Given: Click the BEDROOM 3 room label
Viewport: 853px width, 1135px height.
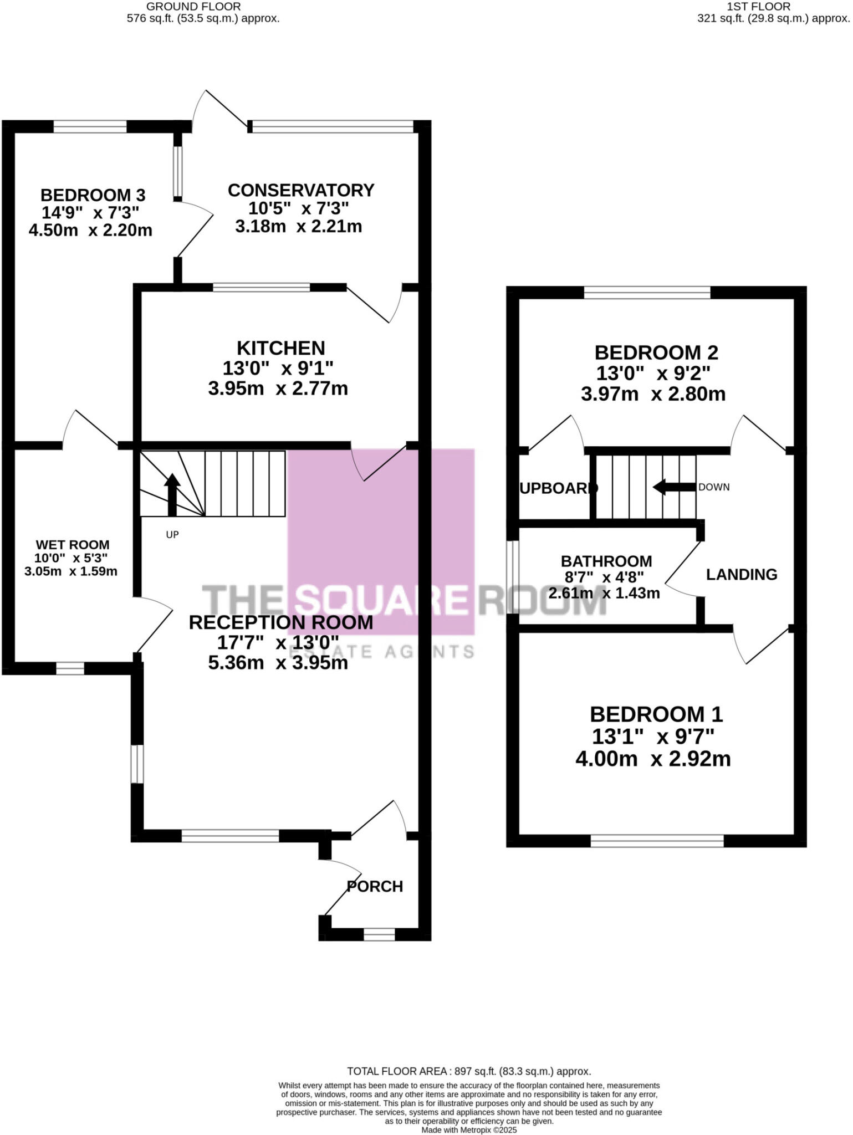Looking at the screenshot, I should [x=93, y=195].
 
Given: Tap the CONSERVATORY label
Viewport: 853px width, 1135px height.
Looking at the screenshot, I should [x=301, y=190].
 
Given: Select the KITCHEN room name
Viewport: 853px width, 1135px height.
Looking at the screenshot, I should [x=280, y=348].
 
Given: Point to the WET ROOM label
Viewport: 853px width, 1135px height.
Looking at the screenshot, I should [x=73, y=545].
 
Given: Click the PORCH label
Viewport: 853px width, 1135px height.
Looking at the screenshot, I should [x=375, y=886].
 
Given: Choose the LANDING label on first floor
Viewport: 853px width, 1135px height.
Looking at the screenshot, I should [x=741, y=574].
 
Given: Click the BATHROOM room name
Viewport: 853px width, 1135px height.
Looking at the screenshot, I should [x=606, y=561].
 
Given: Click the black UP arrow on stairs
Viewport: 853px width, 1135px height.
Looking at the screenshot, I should [x=172, y=493].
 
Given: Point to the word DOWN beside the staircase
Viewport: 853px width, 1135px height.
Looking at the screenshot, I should [x=714, y=487].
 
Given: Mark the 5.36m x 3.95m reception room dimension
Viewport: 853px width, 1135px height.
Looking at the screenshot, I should [x=278, y=663].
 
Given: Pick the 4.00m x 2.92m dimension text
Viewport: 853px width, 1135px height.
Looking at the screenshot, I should [x=653, y=759].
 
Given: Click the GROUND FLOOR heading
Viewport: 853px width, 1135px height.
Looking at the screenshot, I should [x=193, y=7].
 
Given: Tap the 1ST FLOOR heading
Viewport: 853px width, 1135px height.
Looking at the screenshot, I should [x=759, y=7].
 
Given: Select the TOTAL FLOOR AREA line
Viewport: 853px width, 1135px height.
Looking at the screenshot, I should [x=468, y=1071].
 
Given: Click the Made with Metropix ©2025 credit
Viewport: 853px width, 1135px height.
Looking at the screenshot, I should [x=469, y=1129].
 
